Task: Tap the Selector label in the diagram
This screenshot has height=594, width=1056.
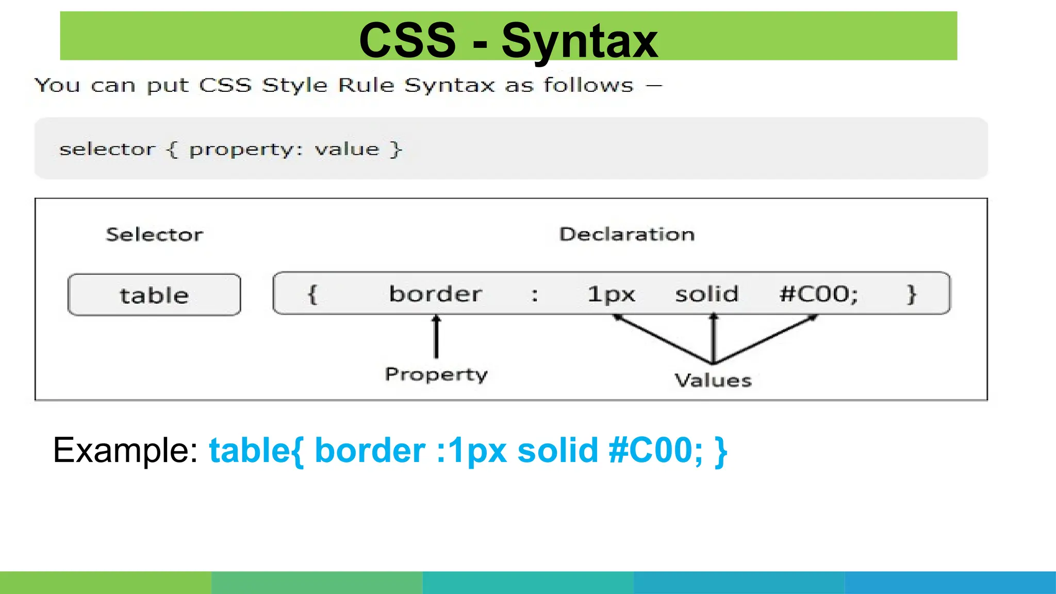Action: click(x=154, y=235)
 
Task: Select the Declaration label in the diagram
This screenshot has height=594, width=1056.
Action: click(x=626, y=234)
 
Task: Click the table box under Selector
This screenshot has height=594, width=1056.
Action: click(x=154, y=295)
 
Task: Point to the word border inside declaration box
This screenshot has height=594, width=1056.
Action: click(x=435, y=294)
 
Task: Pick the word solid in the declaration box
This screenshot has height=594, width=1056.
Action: click(x=706, y=294)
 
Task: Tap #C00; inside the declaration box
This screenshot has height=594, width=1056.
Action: click(x=818, y=294)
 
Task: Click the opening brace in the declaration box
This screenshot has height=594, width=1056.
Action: click(x=312, y=294)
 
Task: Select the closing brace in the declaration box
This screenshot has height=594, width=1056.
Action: click(x=912, y=294)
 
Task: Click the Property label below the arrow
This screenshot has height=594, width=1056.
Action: click(x=436, y=374)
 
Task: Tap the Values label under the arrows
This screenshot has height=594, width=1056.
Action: click(x=713, y=381)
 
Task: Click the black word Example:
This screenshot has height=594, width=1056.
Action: click(x=125, y=450)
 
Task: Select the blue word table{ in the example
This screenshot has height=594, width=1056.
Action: click(x=256, y=450)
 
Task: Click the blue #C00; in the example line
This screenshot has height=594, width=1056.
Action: click(x=655, y=450)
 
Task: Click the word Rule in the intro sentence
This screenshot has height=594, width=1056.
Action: click(x=366, y=85)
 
